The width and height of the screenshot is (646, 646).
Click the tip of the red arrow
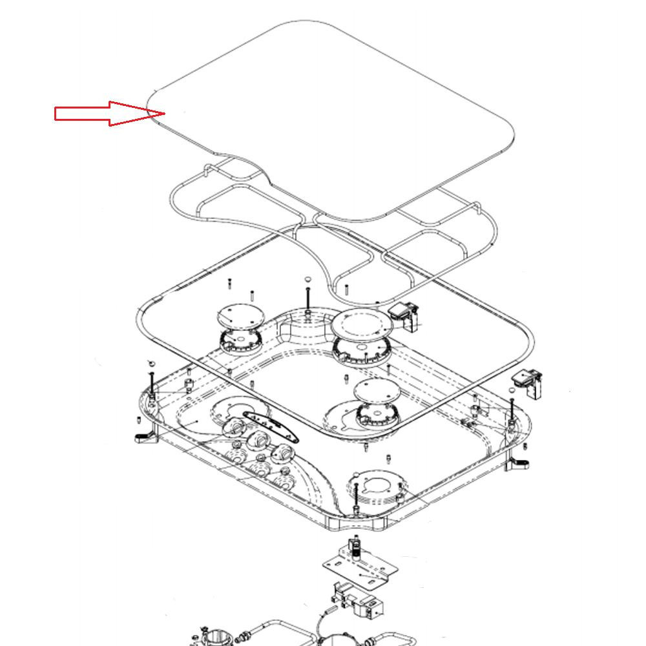point(165,114)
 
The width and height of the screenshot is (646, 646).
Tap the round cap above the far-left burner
point(235,317)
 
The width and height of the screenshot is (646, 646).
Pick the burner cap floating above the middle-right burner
point(374,390)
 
